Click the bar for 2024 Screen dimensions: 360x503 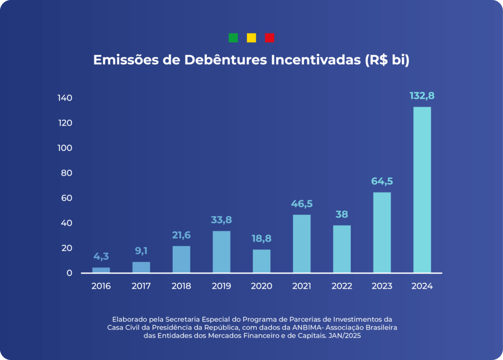click(x=422, y=190)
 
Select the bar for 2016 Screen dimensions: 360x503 click(x=101, y=270)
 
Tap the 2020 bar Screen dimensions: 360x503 click(x=261, y=261)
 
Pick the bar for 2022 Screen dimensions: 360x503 click(x=342, y=249)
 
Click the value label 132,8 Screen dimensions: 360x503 click(x=422, y=96)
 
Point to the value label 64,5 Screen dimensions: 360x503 click(x=382, y=181)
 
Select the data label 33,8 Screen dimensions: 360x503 click(x=222, y=220)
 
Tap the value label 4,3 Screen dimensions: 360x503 click(x=101, y=256)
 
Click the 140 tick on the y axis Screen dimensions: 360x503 click(x=64, y=98)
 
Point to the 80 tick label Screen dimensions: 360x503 click(x=66, y=173)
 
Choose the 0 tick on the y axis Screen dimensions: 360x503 click(x=69, y=273)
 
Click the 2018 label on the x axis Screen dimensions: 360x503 click(x=181, y=286)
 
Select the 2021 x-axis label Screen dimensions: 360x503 click(x=301, y=286)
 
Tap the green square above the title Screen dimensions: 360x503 click(x=233, y=38)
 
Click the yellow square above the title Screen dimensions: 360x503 click(x=251, y=38)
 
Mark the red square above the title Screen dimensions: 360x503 click(x=269, y=38)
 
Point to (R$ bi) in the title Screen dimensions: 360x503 click(x=387, y=60)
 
